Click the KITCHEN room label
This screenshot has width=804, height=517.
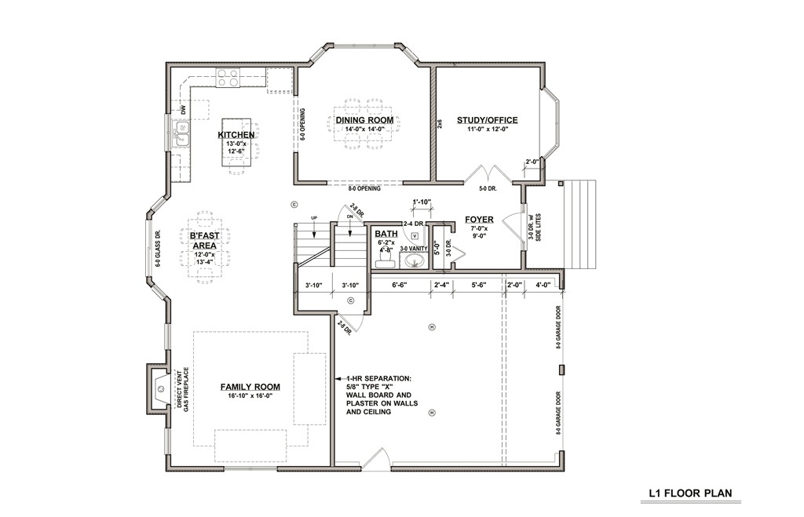point(236,135)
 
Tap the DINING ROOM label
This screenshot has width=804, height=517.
point(364,120)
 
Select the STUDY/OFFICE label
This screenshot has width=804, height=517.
point(488,120)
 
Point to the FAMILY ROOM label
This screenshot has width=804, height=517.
point(250,387)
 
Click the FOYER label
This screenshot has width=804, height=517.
point(478,220)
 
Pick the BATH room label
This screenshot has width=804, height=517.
point(386,234)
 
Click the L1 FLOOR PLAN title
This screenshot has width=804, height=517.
point(690,494)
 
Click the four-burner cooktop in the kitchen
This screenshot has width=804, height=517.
point(228,78)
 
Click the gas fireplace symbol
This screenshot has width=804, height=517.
point(160,387)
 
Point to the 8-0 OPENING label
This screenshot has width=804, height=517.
point(365,189)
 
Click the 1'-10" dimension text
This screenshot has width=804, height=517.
point(422,202)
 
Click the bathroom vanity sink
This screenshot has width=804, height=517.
point(415,260)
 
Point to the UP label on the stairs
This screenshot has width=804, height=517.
point(313,218)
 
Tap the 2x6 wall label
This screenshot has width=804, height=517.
point(440,123)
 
